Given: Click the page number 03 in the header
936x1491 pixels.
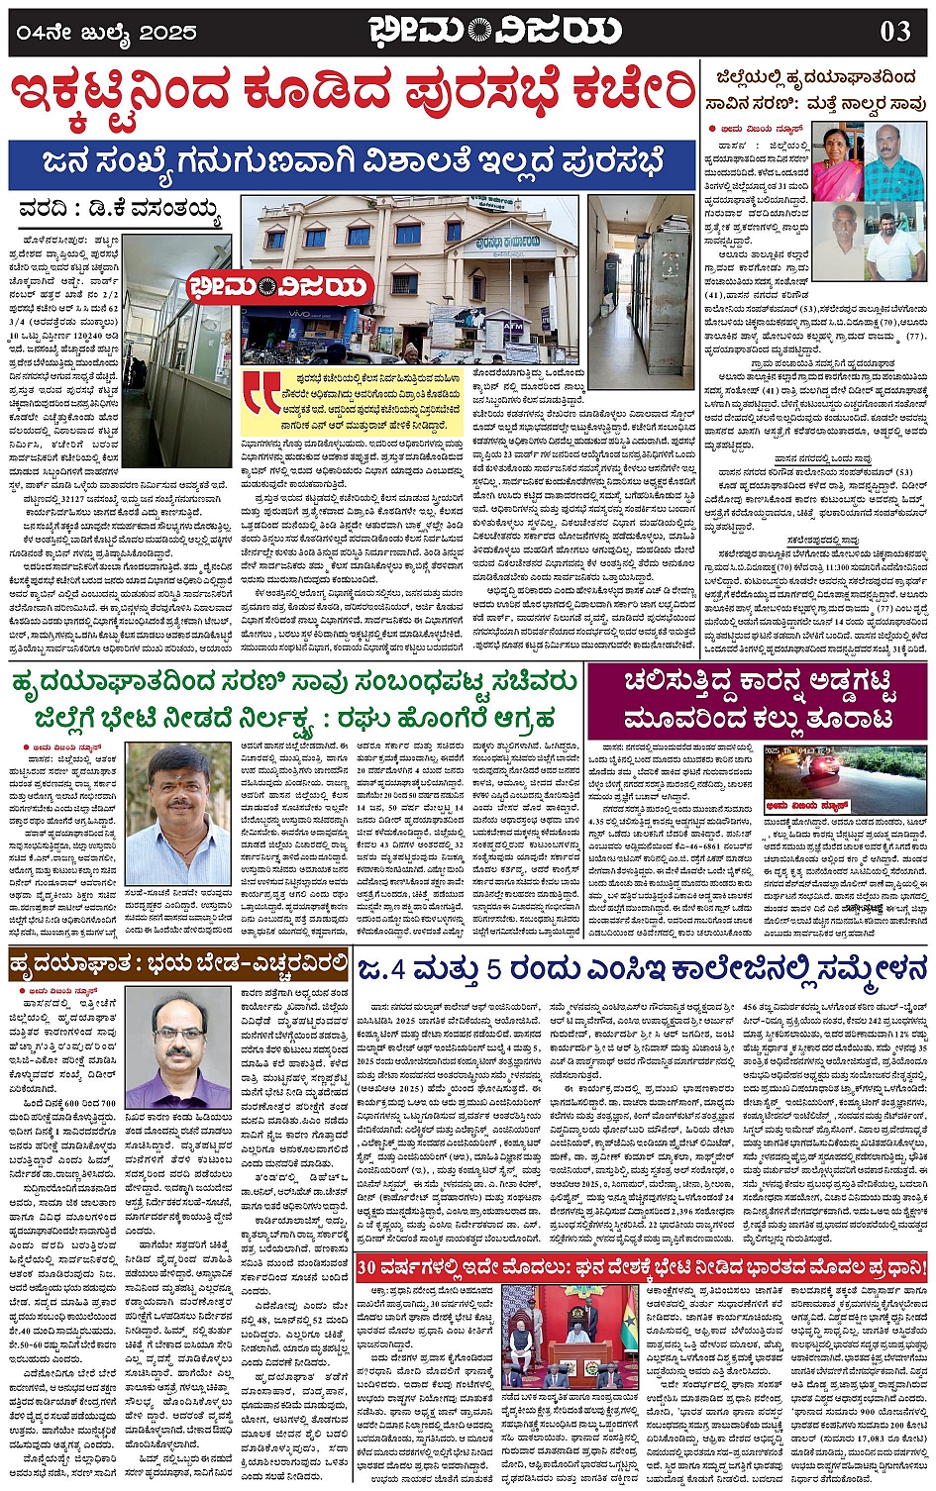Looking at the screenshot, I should point(894,31).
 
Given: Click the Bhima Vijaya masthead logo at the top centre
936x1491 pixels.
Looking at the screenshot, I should point(494,31).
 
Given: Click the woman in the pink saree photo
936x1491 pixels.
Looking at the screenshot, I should point(837,161).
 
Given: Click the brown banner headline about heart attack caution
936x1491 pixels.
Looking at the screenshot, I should point(178,962).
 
